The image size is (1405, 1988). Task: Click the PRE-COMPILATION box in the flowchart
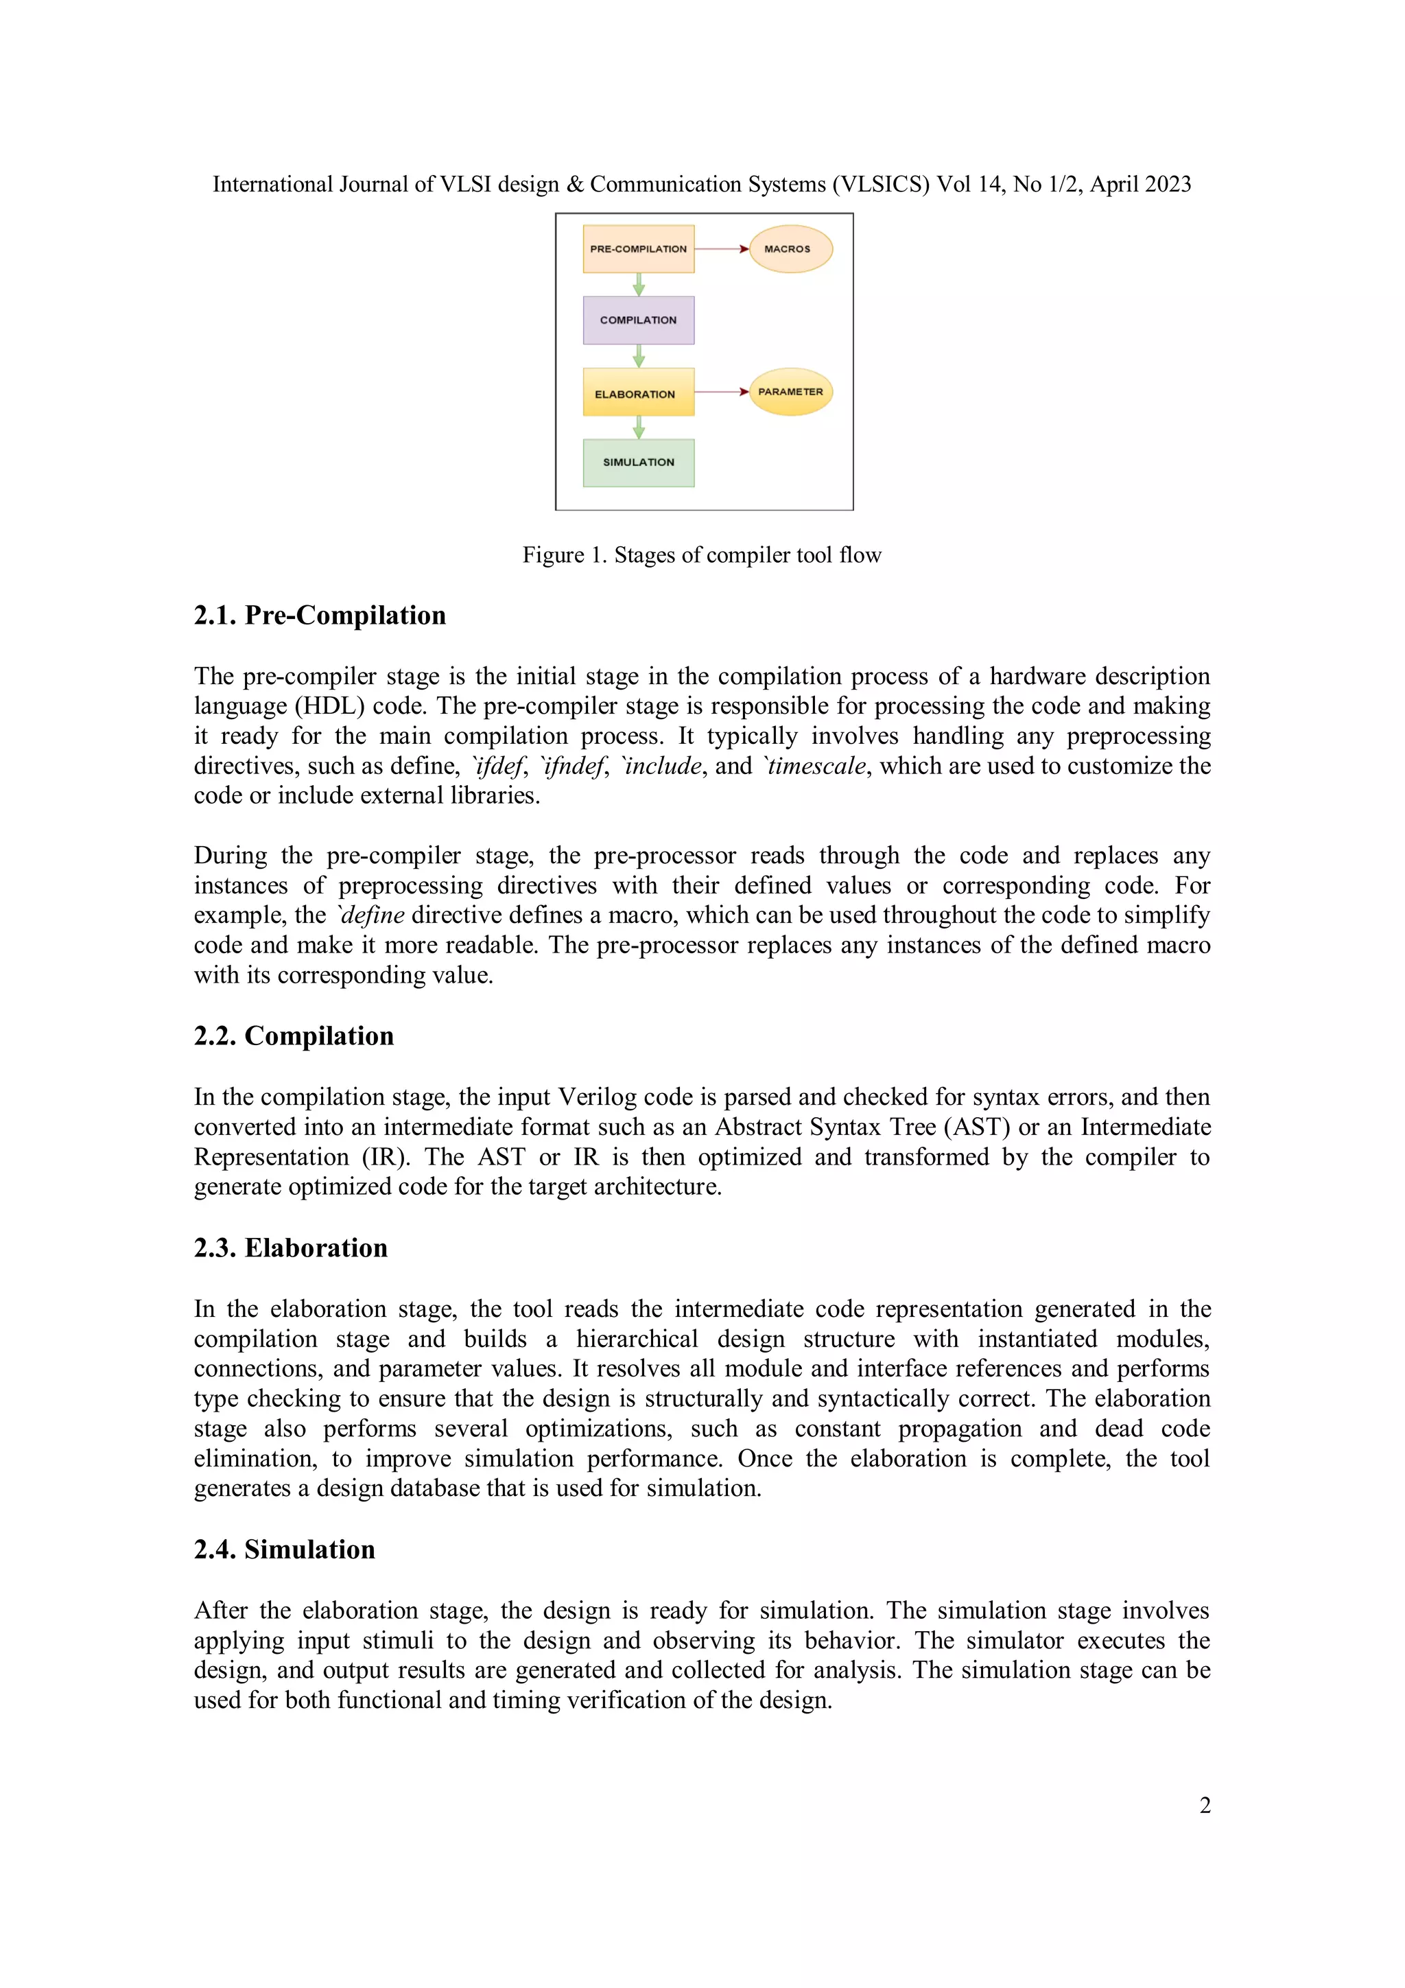click(638, 249)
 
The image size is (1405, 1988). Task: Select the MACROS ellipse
click(790, 249)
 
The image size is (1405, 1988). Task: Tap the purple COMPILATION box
click(638, 320)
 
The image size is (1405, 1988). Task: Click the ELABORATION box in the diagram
click(638, 393)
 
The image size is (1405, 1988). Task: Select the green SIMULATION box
click(638, 463)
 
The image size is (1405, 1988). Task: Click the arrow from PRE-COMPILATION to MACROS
click(721, 249)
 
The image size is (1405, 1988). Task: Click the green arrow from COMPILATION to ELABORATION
click(639, 356)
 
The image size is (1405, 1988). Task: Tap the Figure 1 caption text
click(701, 555)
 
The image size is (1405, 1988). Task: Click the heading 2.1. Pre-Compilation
click(320, 616)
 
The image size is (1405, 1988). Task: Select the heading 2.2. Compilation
click(294, 1036)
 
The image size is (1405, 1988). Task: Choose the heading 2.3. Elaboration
click(290, 1248)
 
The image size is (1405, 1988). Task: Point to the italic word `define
click(370, 915)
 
